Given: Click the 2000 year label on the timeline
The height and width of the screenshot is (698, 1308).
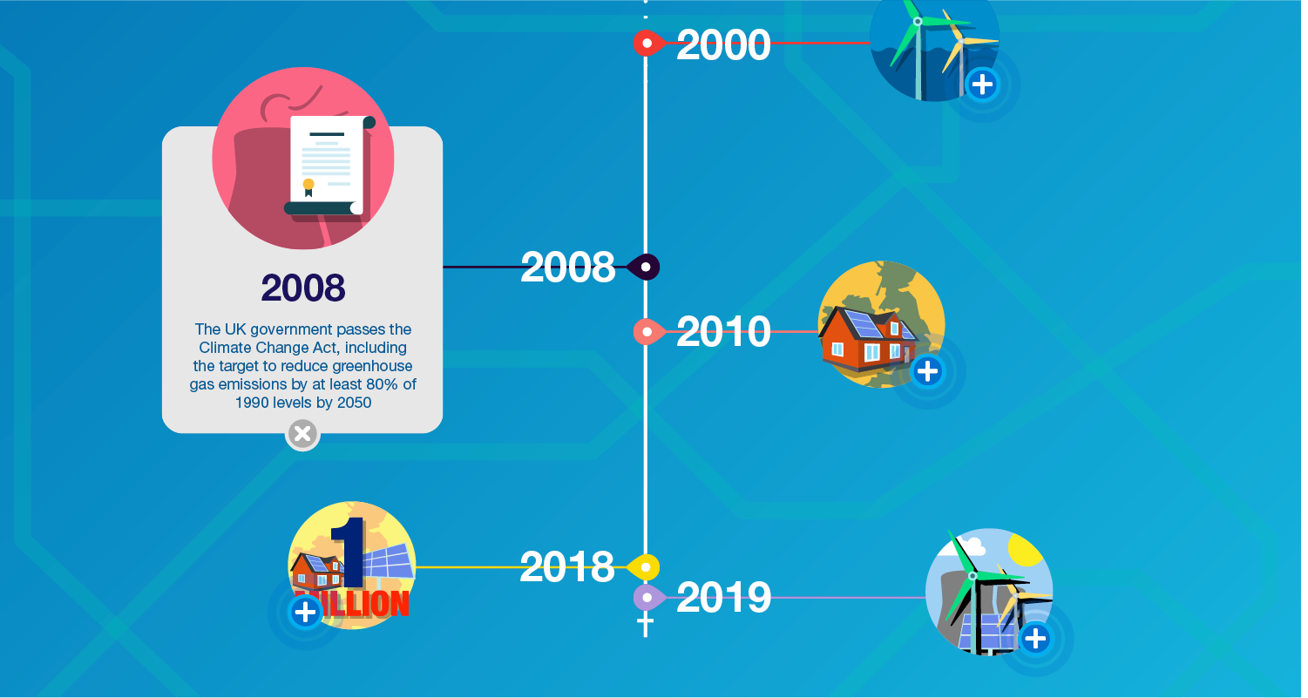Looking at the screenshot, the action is click(x=723, y=44).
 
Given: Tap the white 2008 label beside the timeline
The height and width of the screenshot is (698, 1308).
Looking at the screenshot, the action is click(x=567, y=268).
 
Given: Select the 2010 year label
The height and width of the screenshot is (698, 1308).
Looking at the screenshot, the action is click(x=723, y=332).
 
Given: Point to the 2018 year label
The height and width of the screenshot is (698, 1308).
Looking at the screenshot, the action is click(x=567, y=566).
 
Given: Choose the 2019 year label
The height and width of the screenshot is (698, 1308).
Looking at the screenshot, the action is click(x=723, y=598).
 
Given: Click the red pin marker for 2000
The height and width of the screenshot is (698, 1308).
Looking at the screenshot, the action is click(x=648, y=44).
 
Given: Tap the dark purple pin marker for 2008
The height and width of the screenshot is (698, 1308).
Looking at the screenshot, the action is click(x=643, y=268).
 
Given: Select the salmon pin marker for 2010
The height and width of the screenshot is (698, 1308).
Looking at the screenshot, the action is click(x=648, y=332).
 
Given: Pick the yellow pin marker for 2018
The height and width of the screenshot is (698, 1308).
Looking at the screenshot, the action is click(x=643, y=567).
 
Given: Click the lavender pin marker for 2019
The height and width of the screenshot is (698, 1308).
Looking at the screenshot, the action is click(x=648, y=598).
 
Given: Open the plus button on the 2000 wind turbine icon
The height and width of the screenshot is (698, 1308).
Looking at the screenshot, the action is click(x=982, y=85).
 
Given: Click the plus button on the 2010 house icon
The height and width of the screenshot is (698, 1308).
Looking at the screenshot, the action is click(x=927, y=371).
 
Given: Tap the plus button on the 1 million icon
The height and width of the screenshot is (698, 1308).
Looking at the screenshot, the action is click(x=305, y=613).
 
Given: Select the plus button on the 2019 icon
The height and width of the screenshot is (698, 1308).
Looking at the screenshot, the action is click(x=1035, y=639).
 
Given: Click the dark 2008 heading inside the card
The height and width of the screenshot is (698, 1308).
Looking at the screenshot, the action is click(x=303, y=288).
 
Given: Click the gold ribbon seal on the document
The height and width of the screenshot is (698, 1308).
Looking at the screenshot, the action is click(x=308, y=186).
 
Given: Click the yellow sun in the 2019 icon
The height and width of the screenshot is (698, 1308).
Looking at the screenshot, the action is click(x=1026, y=550).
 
